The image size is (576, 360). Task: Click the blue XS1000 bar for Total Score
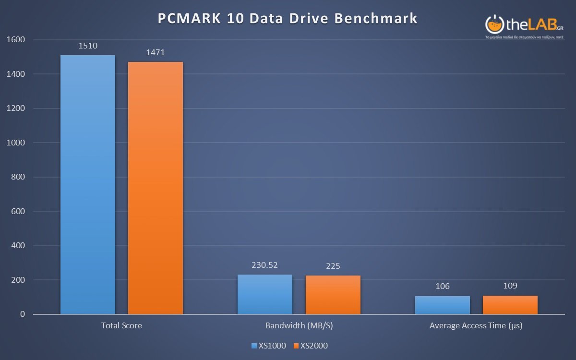click(x=88, y=185)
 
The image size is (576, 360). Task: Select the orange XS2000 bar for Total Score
click(x=156, y=188)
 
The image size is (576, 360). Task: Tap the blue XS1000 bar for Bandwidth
click(x=265, y=294)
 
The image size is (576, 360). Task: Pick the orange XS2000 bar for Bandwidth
click(x=333, y=295)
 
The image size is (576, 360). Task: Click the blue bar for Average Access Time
click(x=443, y=305)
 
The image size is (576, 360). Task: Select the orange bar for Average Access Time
click(x=510, y=305)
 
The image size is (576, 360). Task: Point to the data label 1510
click(x=88, y=46)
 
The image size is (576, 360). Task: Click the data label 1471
click(x=156, y=53)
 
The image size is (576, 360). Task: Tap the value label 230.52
click(x=265, y=265)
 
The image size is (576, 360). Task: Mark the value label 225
click(x=333, y=266)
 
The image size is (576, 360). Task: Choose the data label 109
click(x=510, y=286)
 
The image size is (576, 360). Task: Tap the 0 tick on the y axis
click(x=22, y=314)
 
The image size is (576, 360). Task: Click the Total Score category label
click(x=121, y=325)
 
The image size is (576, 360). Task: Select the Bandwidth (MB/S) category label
click(x=299, y=325)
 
